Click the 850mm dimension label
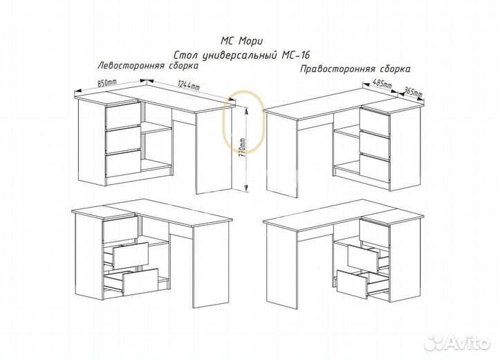tap(107, 83)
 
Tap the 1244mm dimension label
tap(188, 84)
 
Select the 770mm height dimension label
tap(243, 150)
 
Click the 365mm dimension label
tap(412, 92)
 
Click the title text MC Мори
tap(241, 41)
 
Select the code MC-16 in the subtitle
tap(296, 55)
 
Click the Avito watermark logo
tap(457, 342)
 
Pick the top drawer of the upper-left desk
tap(123, 114)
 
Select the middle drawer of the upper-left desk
tap(123, 139)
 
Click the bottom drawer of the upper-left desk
tap(123, 164)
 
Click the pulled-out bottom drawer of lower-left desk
tap(132, 282)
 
